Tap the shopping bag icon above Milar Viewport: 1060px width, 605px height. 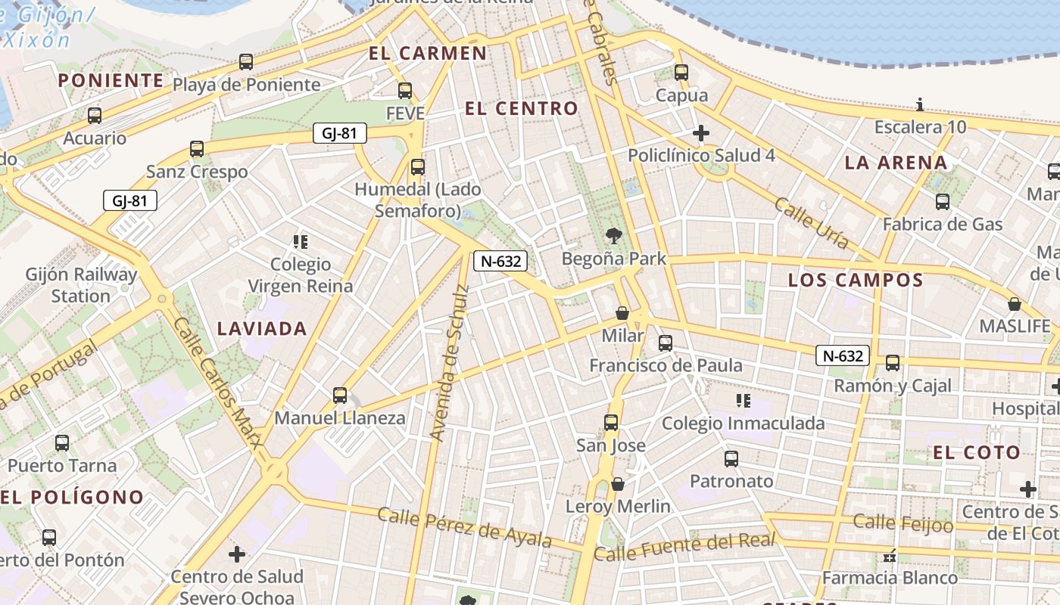(622, 313)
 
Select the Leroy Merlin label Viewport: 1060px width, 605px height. (618, 506)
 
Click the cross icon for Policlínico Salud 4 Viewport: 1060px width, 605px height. (701, 134)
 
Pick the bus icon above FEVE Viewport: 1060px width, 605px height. (405, 91)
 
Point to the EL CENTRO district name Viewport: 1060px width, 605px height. (521, 108)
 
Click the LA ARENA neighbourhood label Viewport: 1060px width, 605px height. (896, 162)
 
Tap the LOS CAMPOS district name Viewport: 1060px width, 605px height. (856, 280)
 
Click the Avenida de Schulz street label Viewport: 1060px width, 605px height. (449, 363)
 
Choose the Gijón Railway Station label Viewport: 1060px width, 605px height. (81, 285)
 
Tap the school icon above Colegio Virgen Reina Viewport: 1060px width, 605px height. (301, 242)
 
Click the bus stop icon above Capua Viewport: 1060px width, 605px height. (681, 73)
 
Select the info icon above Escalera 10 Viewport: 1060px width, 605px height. (920, 104)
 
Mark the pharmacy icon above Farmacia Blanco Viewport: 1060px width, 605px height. (890, 557)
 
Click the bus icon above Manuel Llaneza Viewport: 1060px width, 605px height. (340, 396)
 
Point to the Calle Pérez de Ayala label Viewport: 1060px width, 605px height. (464, 527)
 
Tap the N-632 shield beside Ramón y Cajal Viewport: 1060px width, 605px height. (842, 355)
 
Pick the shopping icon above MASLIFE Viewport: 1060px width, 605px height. (1015, 304)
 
